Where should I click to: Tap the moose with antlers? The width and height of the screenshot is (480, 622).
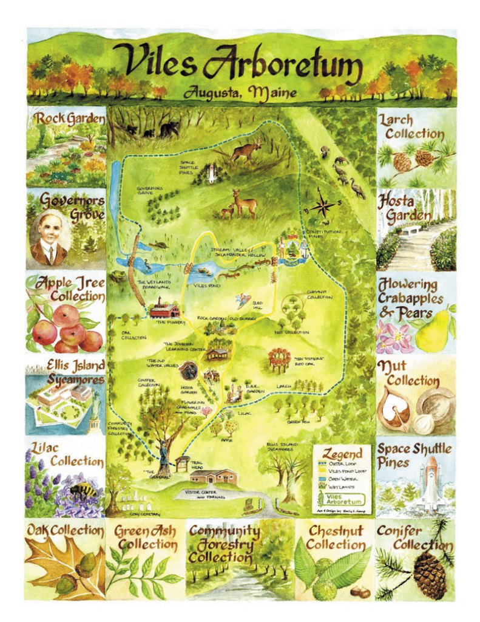point(246,149)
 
